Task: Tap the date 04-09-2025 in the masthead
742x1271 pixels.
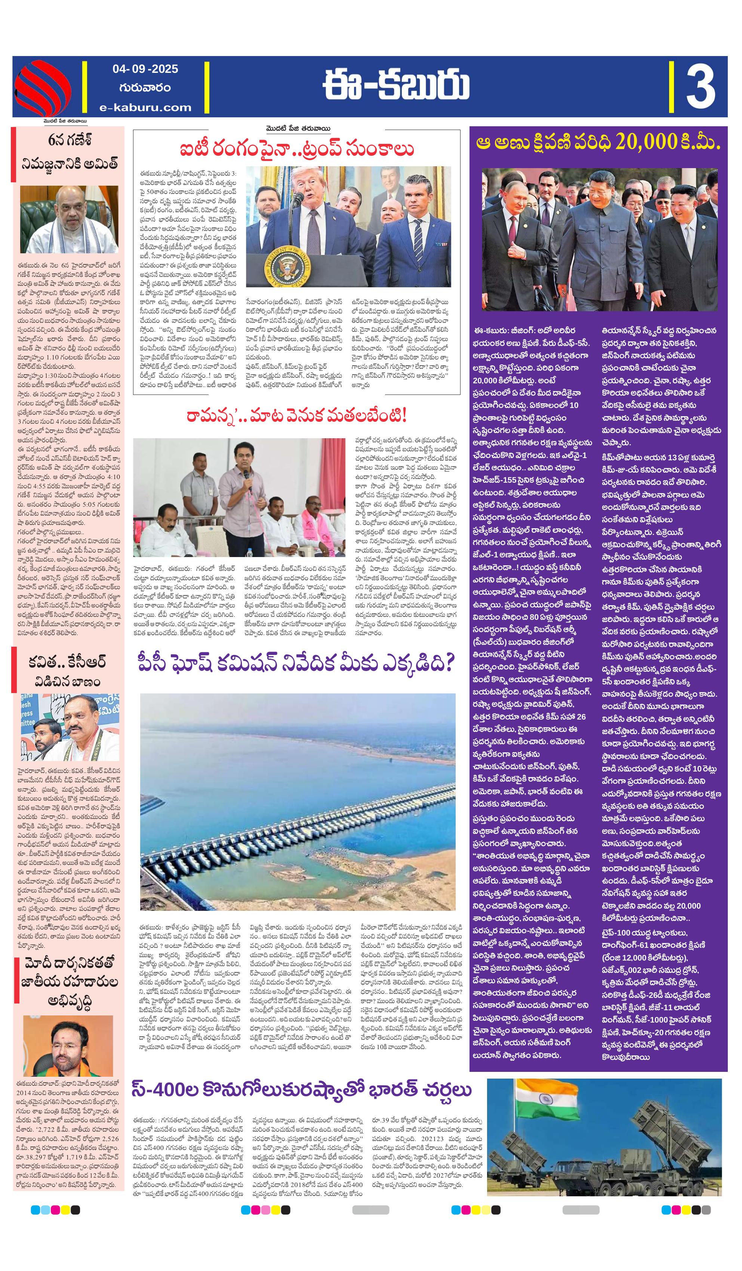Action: (x=145, y=69)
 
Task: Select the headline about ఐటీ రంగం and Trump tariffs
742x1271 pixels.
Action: (x=297, y=150)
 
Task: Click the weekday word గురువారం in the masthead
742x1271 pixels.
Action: (x=145, y=88)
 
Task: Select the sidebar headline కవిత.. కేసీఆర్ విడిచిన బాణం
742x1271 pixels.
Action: (x=68, y=671)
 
